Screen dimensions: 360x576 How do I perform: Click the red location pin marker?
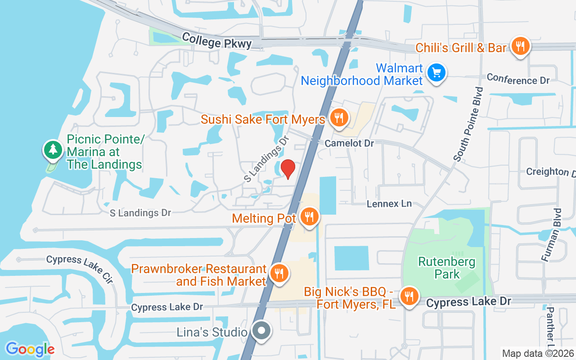click(288, 169)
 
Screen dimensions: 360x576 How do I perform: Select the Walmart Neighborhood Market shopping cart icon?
click(436, 72)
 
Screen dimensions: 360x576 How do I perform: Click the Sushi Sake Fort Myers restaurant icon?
click(337, 118)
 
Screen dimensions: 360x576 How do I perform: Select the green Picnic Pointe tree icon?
click(53, 149)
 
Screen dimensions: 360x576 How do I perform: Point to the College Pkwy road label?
click(217, 42)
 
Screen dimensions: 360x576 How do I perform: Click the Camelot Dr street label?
click(350, 143)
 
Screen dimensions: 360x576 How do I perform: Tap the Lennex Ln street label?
click(389, 203)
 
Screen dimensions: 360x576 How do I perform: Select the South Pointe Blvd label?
click(468, 124)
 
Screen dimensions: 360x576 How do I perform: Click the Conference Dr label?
click(518, 79)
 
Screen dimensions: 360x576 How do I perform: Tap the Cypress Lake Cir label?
click(80, 269)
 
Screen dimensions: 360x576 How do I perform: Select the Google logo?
click(30, 349)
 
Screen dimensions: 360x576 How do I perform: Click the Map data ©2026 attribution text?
click(538, 353)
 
